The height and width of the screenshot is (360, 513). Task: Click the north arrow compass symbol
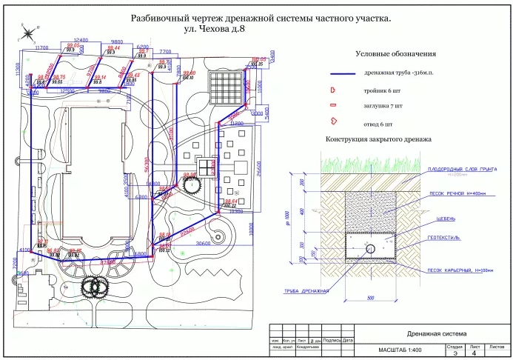click(26, 33)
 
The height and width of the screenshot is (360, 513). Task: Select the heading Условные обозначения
click(395, 54)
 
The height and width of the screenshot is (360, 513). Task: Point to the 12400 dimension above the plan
click(81, 40)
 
